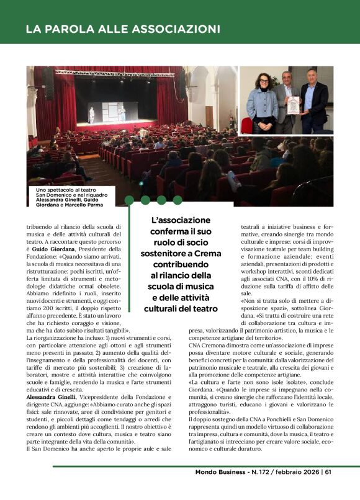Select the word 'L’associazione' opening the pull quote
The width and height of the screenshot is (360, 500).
pyautogui.click(x=181, y=220)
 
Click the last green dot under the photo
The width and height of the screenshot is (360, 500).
pyautogui.click(x=178, y=200)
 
